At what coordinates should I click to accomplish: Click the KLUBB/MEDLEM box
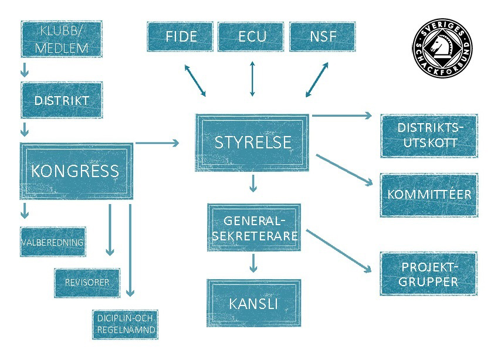pyautogui.click(x=61, y=39)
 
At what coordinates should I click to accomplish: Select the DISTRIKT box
pyautogui.click(x=62, y=100)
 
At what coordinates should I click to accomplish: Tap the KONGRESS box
pyautogui.click(x=76, y=171)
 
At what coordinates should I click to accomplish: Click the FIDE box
pyautogui.click(x=181, y=36)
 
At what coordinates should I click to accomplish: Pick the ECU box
pyautogui.click(x=252, y=36)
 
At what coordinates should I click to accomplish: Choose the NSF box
pyautogui.click(x=323, y=36)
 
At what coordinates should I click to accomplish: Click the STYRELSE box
pyautogui.click(x=253, y=142)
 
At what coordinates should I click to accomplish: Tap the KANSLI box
pyautogui.click(x=253, y=303)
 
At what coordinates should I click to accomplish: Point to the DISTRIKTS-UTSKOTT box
pyautogui.click(x=428, y=135)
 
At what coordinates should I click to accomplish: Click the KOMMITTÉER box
pyautogui.click(x=429, y=194)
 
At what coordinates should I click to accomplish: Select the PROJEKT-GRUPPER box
pyautogui.click(x=428, y=274)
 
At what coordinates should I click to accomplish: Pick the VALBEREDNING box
pyautogui.click(x=53, y=242)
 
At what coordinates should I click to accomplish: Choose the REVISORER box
pyautogui.click(x=87, y=282)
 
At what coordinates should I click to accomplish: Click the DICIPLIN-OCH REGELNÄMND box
pyautogui.click(x=125, y=324)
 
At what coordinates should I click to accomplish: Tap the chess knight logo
pyautogui.click(x=442, y=44)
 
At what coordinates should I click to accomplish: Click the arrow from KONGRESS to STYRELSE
pyautogui.click(x=157, y=142)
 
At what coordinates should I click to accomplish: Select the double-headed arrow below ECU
pyautogui.click(x=252, y=78)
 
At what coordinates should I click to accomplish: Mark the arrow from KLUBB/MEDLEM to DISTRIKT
pyautogui.click(x=25, y=70)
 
